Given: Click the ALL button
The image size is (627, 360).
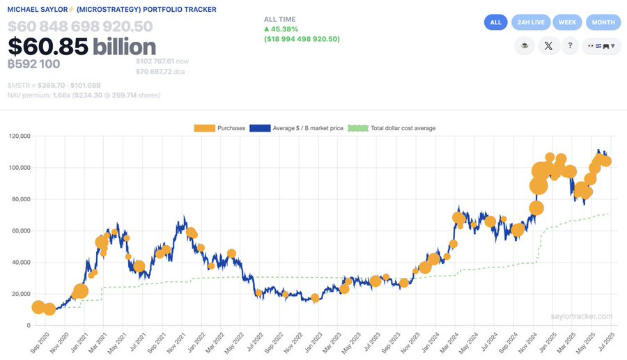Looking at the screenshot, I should click(x=495, y=22).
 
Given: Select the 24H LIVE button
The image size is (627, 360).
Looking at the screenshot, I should click(x=531, y=22).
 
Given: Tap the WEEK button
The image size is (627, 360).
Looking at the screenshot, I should click(x=567, y=22).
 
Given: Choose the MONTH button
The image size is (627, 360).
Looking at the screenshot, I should click(x=603, y=22).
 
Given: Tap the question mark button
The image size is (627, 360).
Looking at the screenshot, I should click(x=570, y=47).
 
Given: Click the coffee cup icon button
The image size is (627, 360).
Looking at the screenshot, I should click(x=524, y=47).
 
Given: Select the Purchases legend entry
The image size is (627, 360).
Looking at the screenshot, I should click(x=219, y=128).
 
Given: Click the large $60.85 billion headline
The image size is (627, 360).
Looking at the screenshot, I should click(x=82, y=47).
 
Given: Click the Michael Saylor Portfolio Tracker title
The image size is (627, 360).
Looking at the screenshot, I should click(x=111, y=10).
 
